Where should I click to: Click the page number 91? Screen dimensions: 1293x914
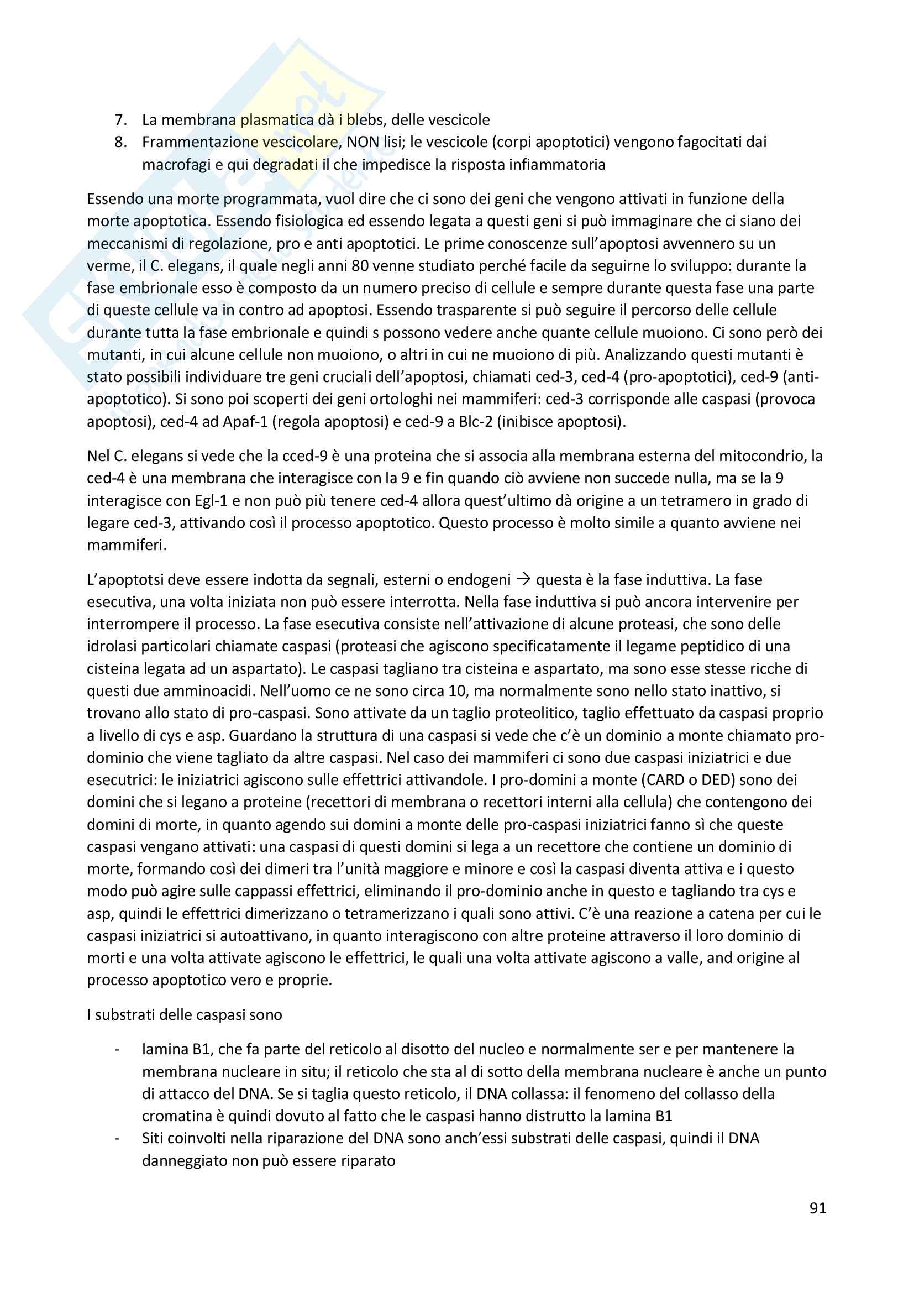pyautogui.click(x=817, y=1208)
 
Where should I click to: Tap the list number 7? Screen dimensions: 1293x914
pyautogui.click(x=120, y=120)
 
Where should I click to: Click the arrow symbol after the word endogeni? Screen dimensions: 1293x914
pyautogui.click(x=523, y=579)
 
